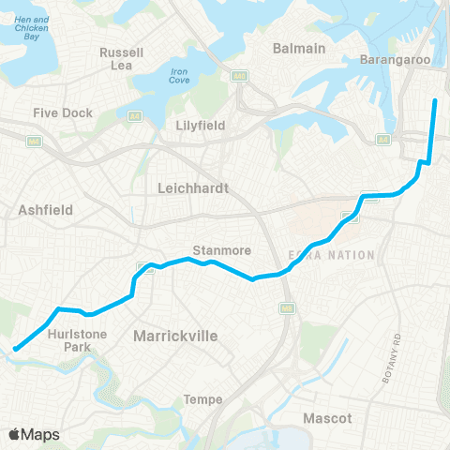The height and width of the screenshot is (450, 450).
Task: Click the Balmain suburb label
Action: coord(298,48)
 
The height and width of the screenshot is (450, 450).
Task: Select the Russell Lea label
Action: coord(122,58)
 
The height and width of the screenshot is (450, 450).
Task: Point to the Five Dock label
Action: coord(63,112)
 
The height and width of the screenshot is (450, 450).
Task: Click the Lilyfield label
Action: coord(202,124)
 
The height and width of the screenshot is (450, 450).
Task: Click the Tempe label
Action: coord(203,399)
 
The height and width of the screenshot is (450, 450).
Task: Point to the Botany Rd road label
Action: coord(391,357)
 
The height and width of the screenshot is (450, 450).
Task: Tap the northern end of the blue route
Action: coord(436,100)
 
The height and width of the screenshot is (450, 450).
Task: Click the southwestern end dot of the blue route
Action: coord(16,351)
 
